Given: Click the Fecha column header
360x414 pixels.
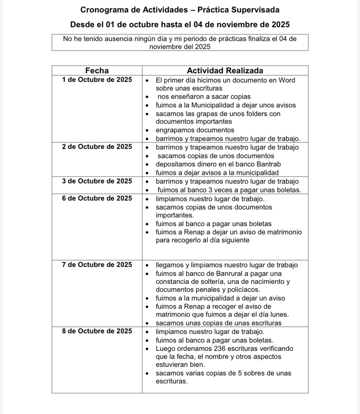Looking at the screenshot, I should click(97, 71).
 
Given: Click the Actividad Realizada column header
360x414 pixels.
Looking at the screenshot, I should click(225, 71).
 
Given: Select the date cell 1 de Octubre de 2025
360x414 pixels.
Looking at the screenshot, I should click(97, 80).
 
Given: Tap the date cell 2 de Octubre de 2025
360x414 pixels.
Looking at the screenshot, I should click(97, 147).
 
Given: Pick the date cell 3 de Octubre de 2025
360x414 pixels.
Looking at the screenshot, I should click(97, 181).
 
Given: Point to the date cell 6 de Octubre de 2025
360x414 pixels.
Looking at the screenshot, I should click(97, 199).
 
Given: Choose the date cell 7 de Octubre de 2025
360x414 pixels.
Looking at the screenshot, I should click(97, 265).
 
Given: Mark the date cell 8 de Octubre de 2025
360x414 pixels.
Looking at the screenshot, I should click(97, 331).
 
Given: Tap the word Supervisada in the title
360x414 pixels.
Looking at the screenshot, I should click(255, 10).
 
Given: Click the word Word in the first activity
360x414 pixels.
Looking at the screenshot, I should click(287, 81).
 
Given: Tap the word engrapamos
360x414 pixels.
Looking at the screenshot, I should click(175, 130).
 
